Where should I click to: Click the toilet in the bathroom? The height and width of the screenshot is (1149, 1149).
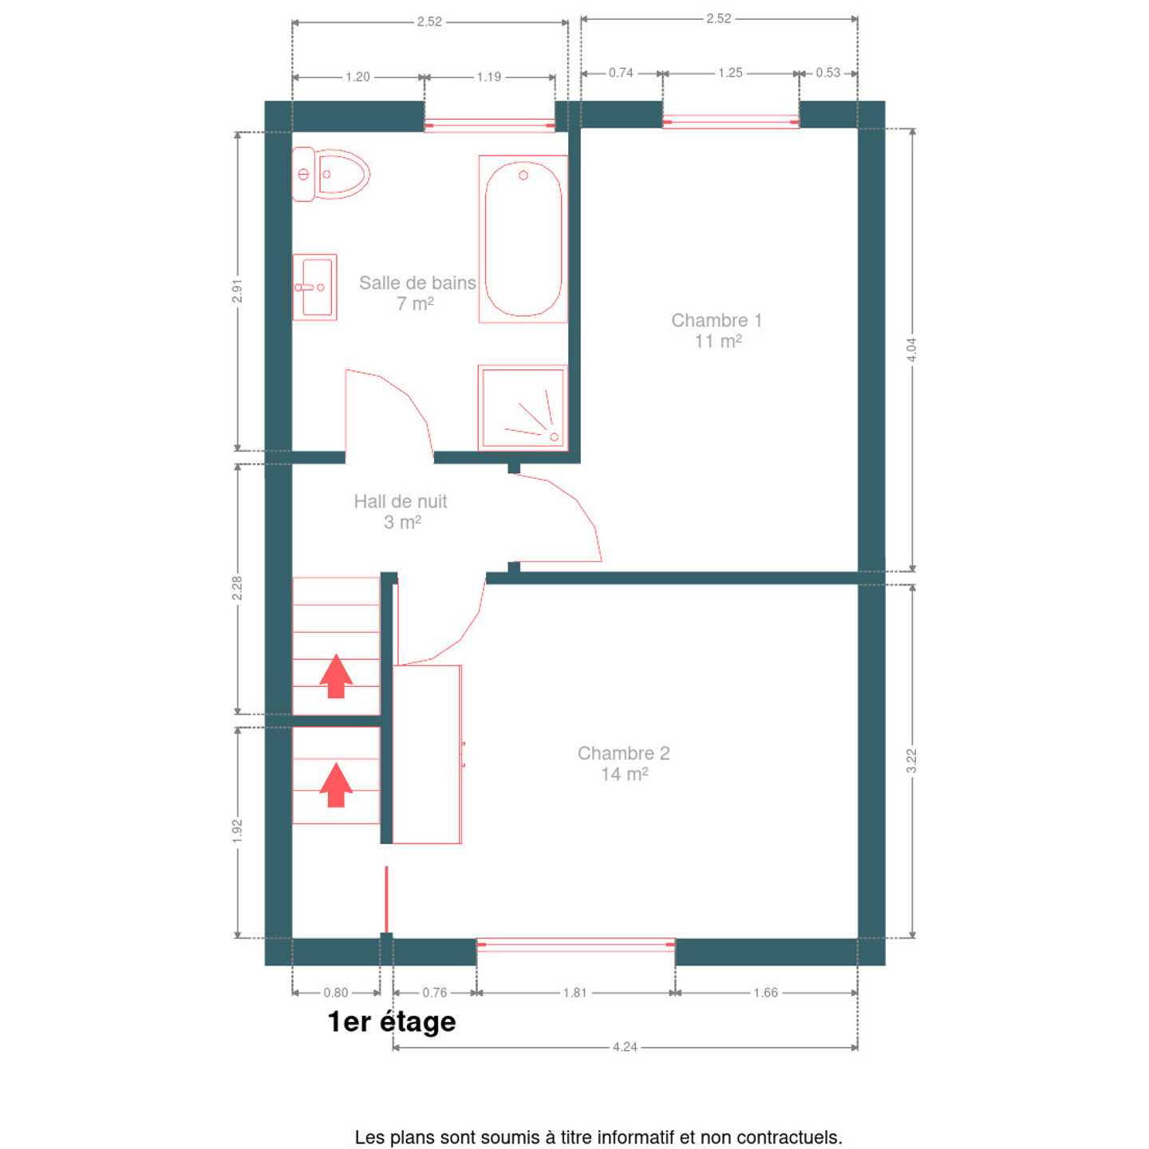330,174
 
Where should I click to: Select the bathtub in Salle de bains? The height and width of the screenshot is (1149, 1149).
523,239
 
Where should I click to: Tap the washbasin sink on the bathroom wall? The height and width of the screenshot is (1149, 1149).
314,286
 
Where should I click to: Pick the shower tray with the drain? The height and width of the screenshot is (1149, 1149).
523,408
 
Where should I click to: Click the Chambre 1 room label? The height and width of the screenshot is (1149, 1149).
717,331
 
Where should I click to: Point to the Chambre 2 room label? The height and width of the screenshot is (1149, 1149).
624,764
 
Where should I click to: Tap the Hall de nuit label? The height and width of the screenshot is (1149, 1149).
401,511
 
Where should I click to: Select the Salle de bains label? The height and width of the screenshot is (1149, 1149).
417,293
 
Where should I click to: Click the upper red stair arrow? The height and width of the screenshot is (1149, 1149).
336,676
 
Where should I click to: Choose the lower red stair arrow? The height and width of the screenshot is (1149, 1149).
336,784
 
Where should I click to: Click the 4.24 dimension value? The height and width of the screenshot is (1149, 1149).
625,1047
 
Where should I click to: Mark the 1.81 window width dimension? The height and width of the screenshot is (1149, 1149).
574,993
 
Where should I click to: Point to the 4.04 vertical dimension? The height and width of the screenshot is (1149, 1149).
911,349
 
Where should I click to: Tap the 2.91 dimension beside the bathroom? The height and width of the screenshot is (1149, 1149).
237,290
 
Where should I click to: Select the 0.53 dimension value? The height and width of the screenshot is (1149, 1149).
828,73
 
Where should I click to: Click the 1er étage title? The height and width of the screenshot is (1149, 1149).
392,1021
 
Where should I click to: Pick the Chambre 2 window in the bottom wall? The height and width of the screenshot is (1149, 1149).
576,945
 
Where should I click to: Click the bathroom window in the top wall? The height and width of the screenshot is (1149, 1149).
490,125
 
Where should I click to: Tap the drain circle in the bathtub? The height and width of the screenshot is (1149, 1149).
523,176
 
